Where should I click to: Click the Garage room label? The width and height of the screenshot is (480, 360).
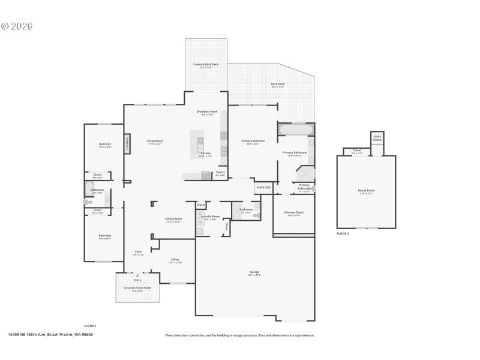click(254, 272)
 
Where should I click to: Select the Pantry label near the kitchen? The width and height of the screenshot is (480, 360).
click(220, 172)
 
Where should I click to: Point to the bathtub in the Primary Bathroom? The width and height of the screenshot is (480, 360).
click(295, 129)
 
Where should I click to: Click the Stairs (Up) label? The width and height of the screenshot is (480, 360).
click(263, 187)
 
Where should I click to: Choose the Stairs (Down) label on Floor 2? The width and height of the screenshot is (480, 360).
click(377, 139)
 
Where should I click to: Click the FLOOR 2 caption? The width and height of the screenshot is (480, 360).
click(343, 233)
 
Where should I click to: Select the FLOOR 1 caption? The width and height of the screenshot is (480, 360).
click(90, 325)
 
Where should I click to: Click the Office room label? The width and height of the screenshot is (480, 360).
click(175, 260)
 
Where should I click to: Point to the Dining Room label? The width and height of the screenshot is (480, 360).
click(173, 218)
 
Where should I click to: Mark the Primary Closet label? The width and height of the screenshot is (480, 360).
click(293, 212)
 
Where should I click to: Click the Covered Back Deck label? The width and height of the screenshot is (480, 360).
click(206, 64)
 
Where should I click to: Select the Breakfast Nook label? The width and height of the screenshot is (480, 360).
click(207, 112)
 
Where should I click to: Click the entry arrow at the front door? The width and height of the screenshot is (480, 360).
click(137, 275)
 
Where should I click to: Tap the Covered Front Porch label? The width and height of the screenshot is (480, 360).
click(137, 287)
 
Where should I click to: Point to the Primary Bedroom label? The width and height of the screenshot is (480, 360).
click(253, 141)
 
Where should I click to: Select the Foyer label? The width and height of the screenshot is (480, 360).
click(138, 251)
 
